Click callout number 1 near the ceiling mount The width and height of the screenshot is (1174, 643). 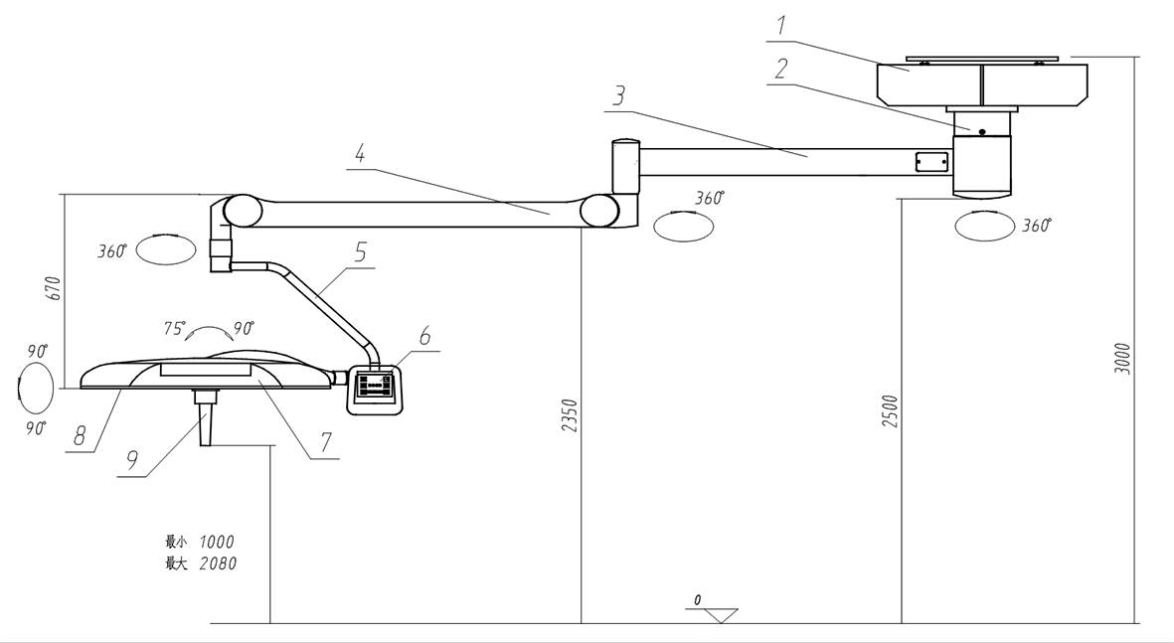(780, 26)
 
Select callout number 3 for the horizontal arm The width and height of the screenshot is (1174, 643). (618, 96)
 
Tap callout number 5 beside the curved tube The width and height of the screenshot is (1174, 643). (361, 252)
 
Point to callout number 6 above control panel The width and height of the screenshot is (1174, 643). (424, 336)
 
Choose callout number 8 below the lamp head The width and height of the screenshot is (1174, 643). (80, 436)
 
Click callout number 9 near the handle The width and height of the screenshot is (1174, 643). (132, 459)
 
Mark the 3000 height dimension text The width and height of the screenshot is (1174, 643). (1123, 359)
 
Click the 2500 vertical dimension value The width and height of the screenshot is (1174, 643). (891, 411)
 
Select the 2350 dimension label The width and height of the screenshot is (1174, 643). (571, 416)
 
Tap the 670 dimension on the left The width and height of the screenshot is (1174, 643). (53, 289)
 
